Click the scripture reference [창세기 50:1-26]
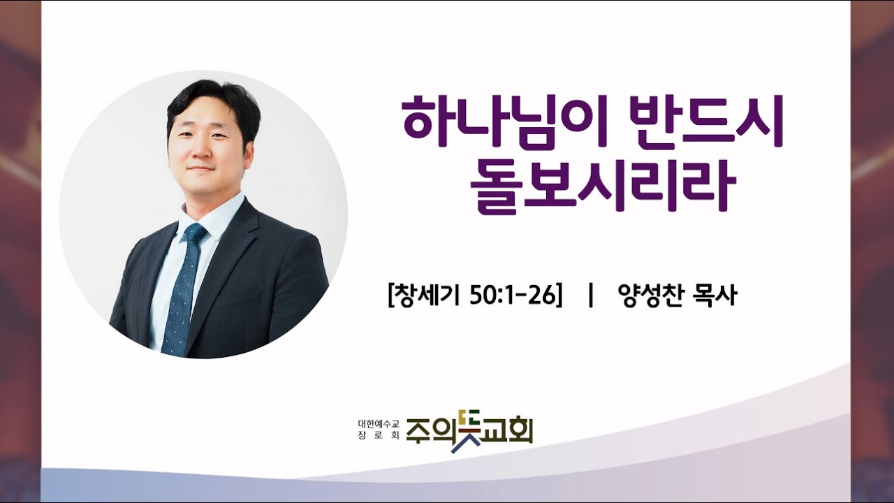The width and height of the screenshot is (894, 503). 475,296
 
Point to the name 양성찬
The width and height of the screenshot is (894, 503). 650,296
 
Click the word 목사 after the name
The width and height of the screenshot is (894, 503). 714,296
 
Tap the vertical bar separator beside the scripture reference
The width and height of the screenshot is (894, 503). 591,296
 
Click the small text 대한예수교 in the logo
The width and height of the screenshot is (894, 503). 378,423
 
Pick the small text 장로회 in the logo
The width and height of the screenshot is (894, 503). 378,435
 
